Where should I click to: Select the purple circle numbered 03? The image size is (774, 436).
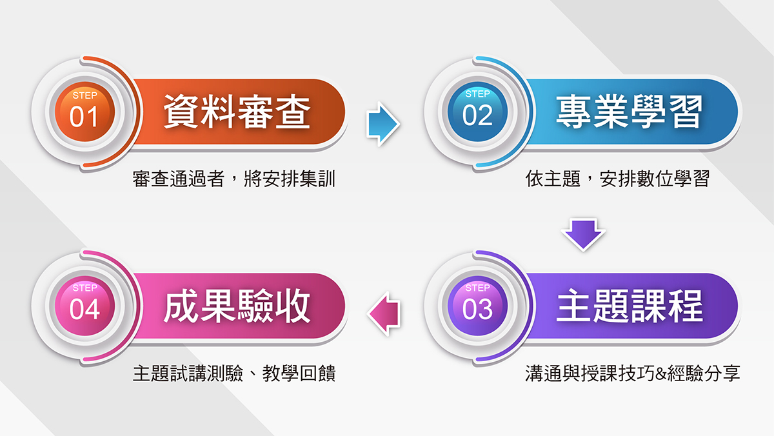[x=477, y=306]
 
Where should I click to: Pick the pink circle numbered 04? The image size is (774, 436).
[x=84, y=306]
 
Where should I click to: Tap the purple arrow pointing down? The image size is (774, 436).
[x=583, y=234]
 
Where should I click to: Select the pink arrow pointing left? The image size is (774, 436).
[x=384, y=313]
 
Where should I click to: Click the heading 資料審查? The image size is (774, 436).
[x=237, y=112]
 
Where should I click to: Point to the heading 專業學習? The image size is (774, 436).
[x=630, y=112]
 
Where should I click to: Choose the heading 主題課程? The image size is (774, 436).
[x=630, y=306]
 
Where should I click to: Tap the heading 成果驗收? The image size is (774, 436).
[x=237, y=306]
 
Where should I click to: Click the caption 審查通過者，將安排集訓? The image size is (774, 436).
[x=234, y=179]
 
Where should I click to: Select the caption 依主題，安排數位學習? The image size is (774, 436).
[x=617, y=179]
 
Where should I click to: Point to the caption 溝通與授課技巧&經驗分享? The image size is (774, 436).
[x=633, y=373]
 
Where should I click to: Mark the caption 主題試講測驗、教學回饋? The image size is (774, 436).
[x=234, y=373]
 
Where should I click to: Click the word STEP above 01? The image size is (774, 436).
[x=85, y=95]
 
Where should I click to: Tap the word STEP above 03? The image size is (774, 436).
[x=477, y=288]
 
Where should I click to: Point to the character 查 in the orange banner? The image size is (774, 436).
[x=292, y=112]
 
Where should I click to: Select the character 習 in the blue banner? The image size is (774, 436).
[x=686, y=112]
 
